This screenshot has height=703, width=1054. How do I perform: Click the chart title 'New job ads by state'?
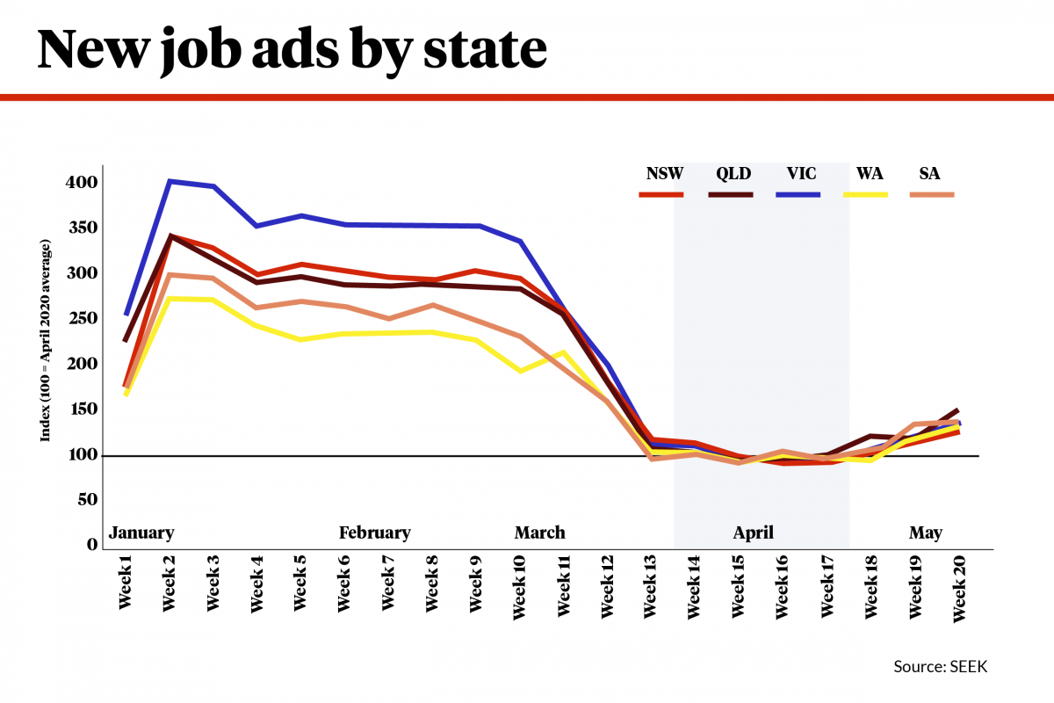click(292, 49)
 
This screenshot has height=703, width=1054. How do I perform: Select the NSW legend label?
click(664, 173)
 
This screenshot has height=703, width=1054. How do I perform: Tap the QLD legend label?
click(733, 173)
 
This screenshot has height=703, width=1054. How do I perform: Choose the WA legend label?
click(865, 173)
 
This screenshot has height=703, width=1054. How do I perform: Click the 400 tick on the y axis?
click(84, 183)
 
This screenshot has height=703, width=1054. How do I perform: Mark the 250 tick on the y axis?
click(84, 319)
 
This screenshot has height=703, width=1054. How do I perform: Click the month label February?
click(375, 533)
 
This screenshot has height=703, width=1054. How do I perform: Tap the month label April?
click(754, 533)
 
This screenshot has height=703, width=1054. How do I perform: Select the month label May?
click(926, 533)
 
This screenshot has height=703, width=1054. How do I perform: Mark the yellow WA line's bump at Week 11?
click(563, 352)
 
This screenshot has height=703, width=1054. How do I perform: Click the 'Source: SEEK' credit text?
click(941, 667)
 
